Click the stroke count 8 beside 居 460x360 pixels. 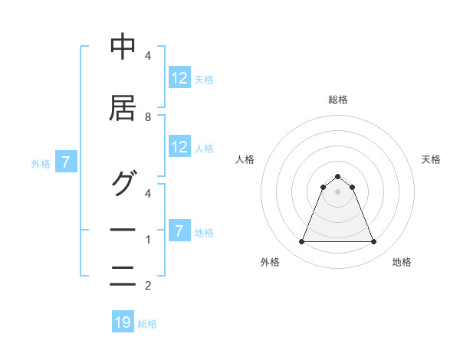[148, 117]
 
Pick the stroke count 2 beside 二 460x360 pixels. [148, 286]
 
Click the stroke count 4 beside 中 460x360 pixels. [148, 56]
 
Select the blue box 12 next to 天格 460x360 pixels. [179, 78]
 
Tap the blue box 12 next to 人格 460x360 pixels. [179, 147]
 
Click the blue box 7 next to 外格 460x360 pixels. [67, 162]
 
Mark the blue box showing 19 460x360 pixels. [123, 322]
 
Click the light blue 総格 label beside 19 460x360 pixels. [147, 324]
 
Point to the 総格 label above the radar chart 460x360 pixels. [337, 100]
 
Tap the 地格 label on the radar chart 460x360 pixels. [402, 262]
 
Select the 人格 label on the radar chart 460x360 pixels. [245, 159]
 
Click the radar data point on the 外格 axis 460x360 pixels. [301, 242]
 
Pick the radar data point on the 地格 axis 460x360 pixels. [373, 242]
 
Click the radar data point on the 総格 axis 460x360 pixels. [337, 176]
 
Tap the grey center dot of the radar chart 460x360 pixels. [337, 191]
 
